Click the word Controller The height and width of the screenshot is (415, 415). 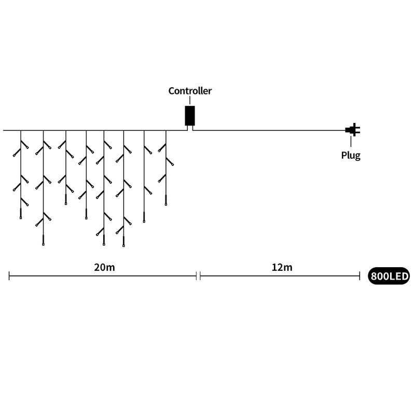coord(190,91)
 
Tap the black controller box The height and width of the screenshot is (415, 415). coord(190,116)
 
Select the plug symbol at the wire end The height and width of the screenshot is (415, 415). coord(353,130)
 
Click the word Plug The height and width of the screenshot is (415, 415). coord(351,155)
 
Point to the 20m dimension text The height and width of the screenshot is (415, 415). coord(105,267)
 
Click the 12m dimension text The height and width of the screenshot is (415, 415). coord(282,267)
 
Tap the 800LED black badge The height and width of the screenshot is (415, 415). coord(389,276)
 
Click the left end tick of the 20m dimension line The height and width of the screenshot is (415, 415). coord(9,276)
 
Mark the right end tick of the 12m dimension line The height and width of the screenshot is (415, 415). coord(359,276)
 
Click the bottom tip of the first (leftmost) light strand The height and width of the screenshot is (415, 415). coord(21,218)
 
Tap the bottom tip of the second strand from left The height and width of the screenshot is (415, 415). coord(44,245)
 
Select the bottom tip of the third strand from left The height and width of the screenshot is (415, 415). coord(66,204)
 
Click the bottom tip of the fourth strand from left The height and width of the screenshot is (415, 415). coord(86,219)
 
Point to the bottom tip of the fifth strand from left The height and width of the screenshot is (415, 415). coord(104,245)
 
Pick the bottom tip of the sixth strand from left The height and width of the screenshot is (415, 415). coord(123,246)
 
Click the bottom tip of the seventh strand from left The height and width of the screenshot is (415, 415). coord(144,222)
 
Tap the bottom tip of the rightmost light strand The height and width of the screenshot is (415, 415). coord(166,205)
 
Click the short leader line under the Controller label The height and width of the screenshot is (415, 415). coord(190,100)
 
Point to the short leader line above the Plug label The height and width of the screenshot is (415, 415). coord(351,142)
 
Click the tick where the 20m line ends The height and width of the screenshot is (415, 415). coord(197,276)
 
